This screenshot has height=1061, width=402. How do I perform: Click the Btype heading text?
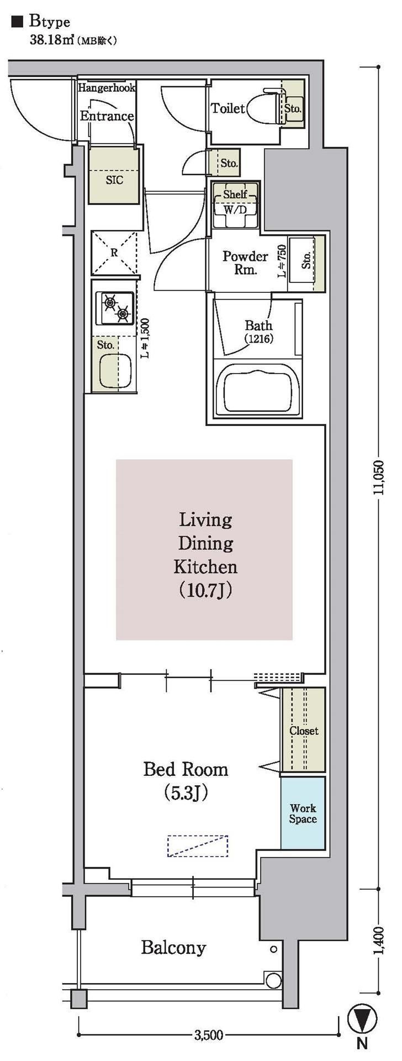(50, 22)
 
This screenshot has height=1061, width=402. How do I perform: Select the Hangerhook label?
(107, 87)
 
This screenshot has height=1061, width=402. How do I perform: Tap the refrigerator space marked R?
(114, 253)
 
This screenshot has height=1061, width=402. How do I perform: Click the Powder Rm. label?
(245, 263)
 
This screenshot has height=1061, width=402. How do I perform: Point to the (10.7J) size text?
(205, 591)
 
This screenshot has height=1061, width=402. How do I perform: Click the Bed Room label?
(186, 769)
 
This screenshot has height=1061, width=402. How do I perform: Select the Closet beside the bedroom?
(303, 730)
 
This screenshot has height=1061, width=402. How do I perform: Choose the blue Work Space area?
(303, 813)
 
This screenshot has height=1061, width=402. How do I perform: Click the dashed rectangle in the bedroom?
(198, 846)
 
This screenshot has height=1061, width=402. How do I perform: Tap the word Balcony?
(173, 948)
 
